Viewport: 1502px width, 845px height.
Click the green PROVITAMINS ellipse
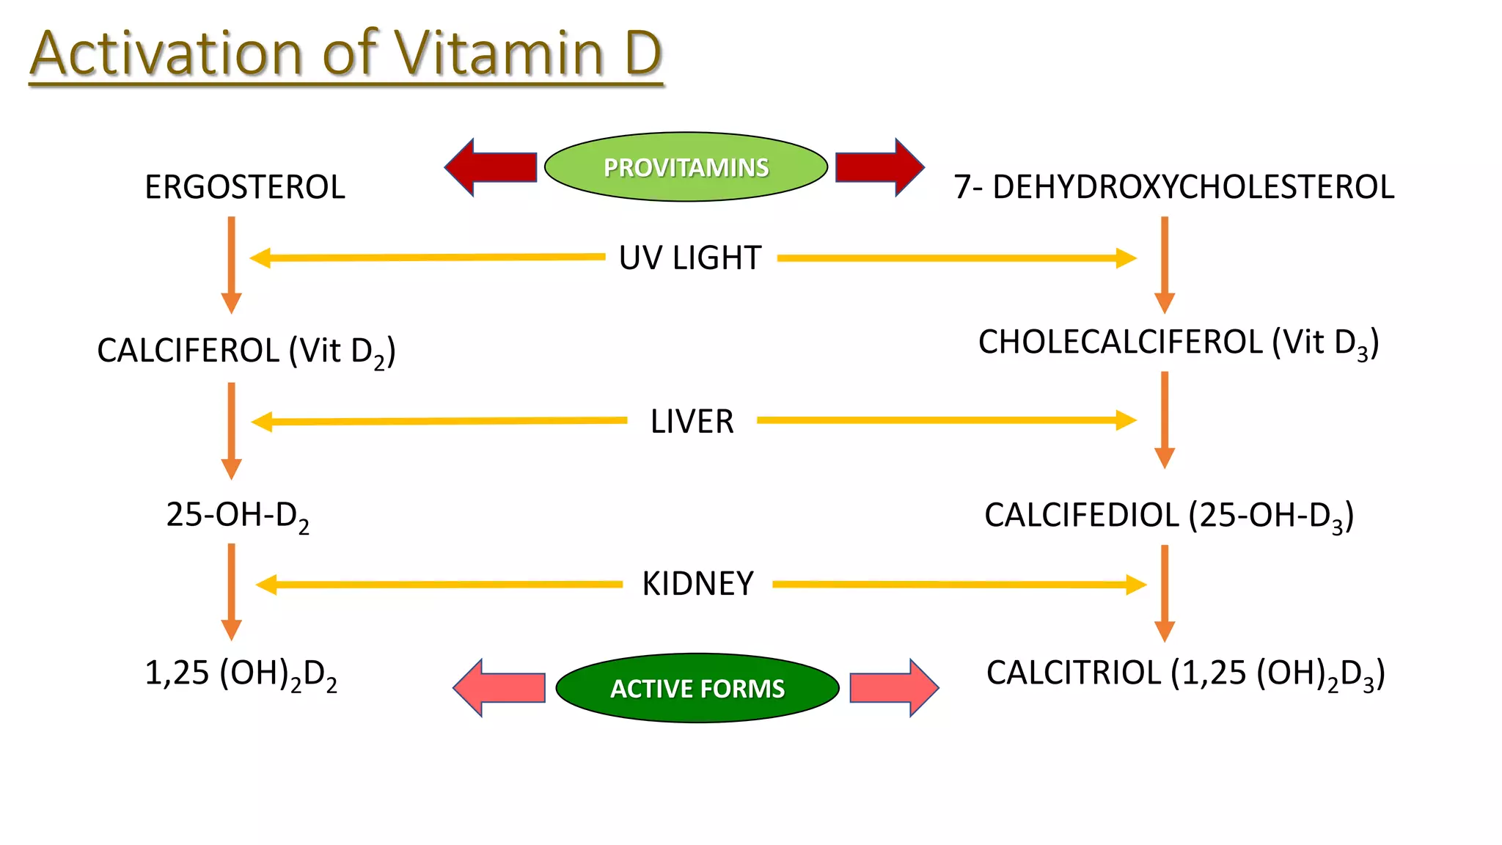click(x=686, y=167)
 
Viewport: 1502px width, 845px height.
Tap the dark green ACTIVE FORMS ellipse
click(x=697, y=688)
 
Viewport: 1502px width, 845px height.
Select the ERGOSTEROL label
click(x=244, y=187)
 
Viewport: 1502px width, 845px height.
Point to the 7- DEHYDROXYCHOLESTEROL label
click(x=1173, y=187)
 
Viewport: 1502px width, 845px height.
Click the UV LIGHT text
click(x=690, y=258)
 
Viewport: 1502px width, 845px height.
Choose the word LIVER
click(x=692, y=422)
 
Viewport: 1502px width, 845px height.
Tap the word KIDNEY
click(x=697, y=584)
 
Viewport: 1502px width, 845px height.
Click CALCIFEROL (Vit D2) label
click(x=246, y=351)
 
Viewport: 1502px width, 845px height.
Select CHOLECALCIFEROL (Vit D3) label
click(x=1179, y=343)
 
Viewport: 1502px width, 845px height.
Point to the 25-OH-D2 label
click(x=237, y=516)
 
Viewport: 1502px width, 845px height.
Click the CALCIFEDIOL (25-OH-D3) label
click(x=1169, y=516)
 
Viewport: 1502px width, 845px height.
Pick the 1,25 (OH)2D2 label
click(x=241, y=673)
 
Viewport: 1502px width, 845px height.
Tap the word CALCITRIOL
click(x=1074, y=673)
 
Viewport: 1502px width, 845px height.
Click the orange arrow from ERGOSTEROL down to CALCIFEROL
click(x=231, y=264)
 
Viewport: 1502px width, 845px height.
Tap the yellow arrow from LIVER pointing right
click(x=946, y=420)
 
